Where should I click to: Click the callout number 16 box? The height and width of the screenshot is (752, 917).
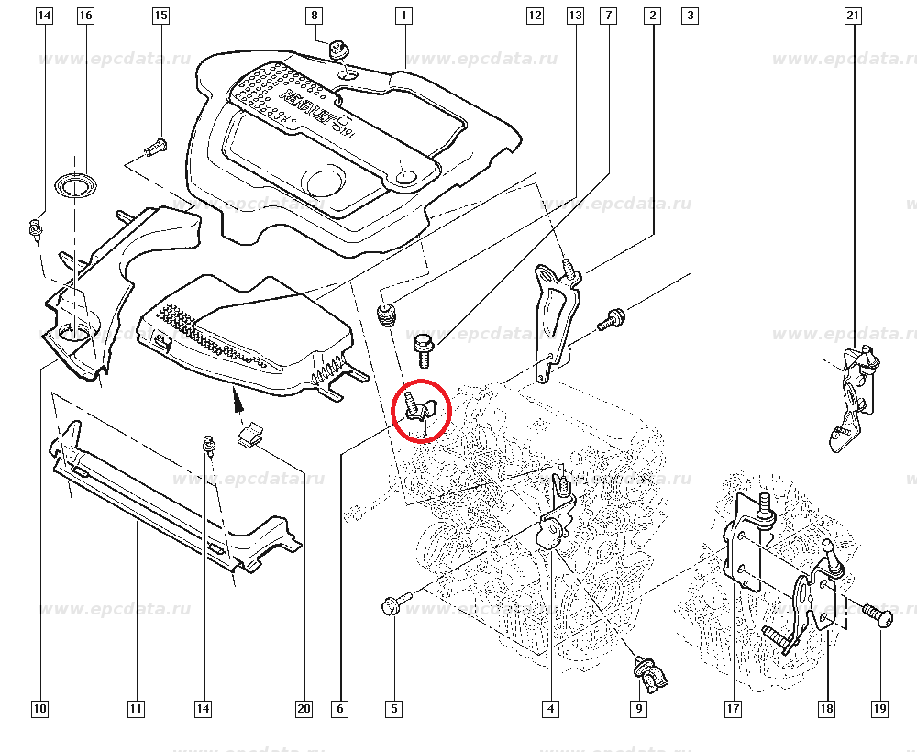click(85, 16)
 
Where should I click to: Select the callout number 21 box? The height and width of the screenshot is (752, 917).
click(854, 16)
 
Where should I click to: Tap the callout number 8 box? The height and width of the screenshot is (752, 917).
click(315, 16)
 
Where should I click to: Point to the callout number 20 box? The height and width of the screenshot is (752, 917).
click(304, 708)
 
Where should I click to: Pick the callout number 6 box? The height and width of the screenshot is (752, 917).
click(340, 708)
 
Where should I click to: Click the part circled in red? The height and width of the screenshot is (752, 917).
click(421, 409)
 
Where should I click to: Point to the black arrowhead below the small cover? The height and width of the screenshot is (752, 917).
click(236, 399)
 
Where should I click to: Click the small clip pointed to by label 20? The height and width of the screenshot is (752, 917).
click(249, 436)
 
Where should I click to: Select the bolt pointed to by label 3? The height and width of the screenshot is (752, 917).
click(612, 320)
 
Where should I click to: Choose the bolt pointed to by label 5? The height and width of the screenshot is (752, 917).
click(392, 605)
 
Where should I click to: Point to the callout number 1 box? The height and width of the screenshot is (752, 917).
click(403, 16)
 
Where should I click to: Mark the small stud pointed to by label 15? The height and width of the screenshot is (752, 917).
click(155, 146)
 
